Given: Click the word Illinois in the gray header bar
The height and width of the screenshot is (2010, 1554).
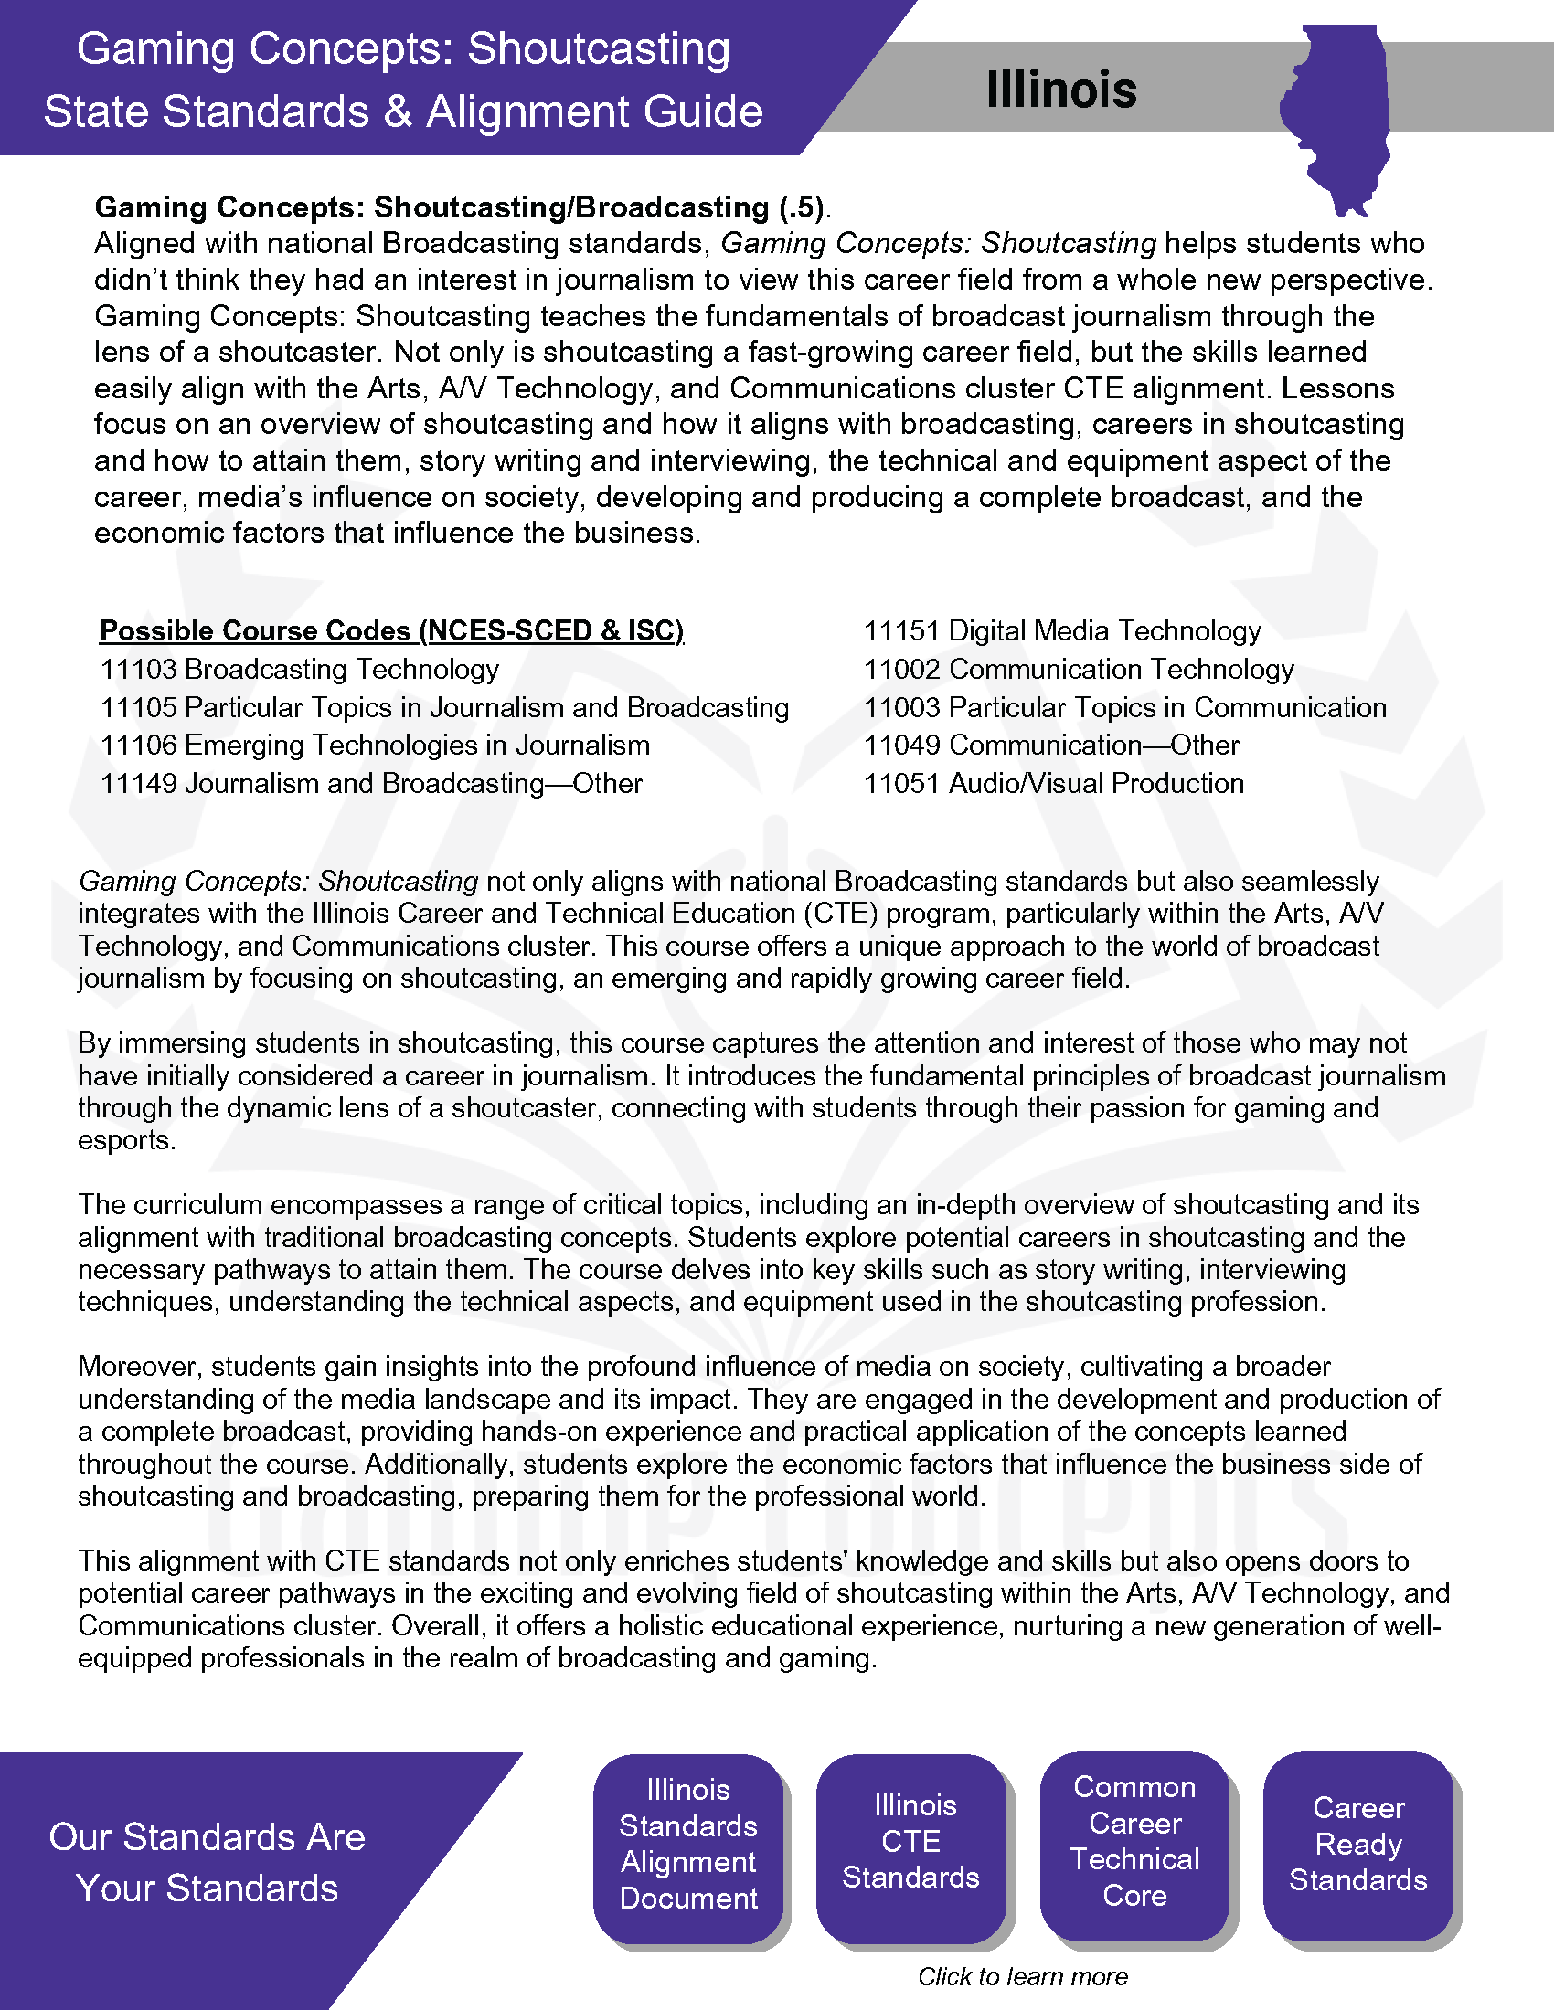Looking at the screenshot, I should (1060, 90).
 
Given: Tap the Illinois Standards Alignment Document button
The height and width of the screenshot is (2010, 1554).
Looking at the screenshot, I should (687, 1844).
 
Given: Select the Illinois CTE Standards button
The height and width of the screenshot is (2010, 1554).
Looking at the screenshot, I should (910, 1842).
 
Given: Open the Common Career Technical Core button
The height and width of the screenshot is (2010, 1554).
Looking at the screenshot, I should (1134, 1841).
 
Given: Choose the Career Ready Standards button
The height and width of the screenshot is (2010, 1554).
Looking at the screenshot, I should (1357, 1844).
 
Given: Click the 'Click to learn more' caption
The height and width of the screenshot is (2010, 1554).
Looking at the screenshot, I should (1022, 1976).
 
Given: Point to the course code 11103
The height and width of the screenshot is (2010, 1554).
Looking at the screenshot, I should (138, 669).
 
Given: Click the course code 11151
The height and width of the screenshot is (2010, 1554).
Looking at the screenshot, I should (901, 631).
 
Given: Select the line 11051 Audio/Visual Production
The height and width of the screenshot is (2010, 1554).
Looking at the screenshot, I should (1053, 783).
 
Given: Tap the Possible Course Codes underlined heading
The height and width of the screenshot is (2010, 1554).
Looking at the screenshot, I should (391, 630).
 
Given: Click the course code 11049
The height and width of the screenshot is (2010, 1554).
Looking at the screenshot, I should (901, 745).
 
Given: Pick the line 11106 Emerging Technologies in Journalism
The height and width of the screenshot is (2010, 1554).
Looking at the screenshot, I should (375, 745).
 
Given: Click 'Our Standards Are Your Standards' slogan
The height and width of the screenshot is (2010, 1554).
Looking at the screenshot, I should (208, 1862).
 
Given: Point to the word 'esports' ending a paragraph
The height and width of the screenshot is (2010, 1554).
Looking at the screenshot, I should (125, 1140).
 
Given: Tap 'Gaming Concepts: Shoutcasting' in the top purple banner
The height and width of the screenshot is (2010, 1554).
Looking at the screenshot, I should (403, 48).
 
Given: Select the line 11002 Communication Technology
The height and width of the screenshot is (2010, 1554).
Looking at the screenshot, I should (1078, 669).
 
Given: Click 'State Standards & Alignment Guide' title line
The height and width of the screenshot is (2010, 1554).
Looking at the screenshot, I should (403, 111).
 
